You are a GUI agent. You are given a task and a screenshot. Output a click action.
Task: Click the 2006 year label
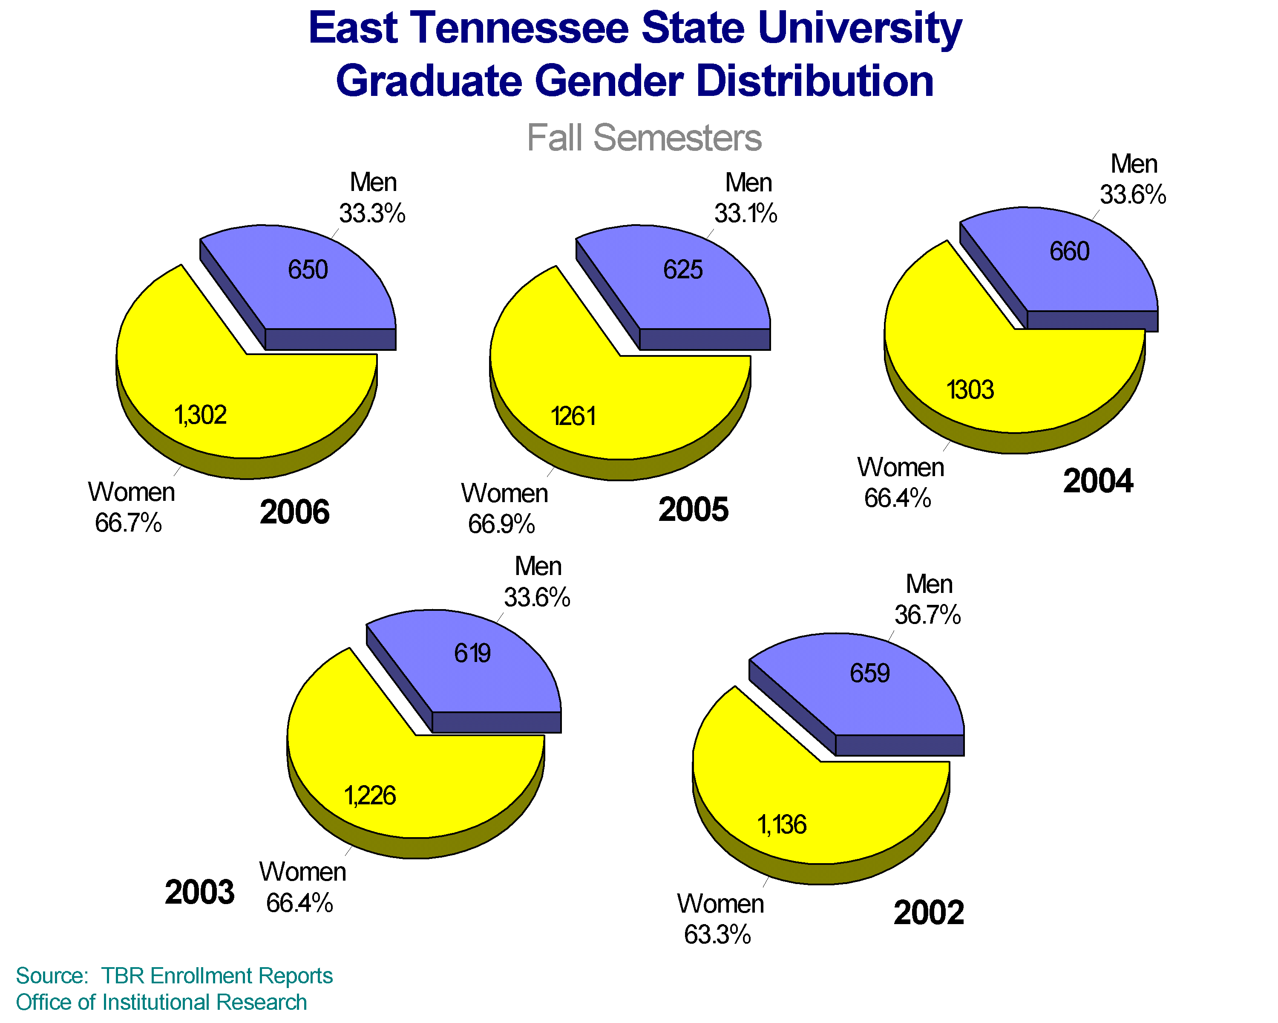click(x=295, y=512)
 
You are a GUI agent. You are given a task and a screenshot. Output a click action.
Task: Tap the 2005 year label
click(x=693, y=509)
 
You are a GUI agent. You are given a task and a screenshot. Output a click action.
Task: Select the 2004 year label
click(x=1098, y=480)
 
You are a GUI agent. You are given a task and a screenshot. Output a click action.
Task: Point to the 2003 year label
click(x=200, y=892)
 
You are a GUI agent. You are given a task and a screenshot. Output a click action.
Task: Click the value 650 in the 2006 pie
click(x=308, y=270)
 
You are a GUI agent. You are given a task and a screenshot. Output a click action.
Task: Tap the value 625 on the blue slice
click(x=683, y=270)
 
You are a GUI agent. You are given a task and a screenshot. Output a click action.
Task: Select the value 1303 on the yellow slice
click(x=970, y=390)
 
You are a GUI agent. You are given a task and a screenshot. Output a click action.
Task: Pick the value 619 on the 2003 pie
click(x=472, y=653)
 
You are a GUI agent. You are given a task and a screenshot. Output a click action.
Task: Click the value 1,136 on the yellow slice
click(x=782, y=825)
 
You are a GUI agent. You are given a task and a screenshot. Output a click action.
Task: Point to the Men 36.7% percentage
click(x=928, y=615)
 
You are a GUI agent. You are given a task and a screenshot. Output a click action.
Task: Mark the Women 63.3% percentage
click(x=717, y=935)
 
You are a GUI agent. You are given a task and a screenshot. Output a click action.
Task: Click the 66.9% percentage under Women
click(x=501, y=524)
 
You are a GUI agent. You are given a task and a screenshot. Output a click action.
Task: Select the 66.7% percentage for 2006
click(x=128, y=523)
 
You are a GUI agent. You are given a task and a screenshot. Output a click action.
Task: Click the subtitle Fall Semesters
click(x=644, y=138)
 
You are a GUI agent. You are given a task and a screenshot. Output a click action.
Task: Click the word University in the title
click(x=860, y=29)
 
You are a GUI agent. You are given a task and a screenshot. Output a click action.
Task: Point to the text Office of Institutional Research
click(x=161, y=1002)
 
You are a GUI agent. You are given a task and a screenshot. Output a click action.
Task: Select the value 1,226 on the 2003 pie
click(x=370, y=796)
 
